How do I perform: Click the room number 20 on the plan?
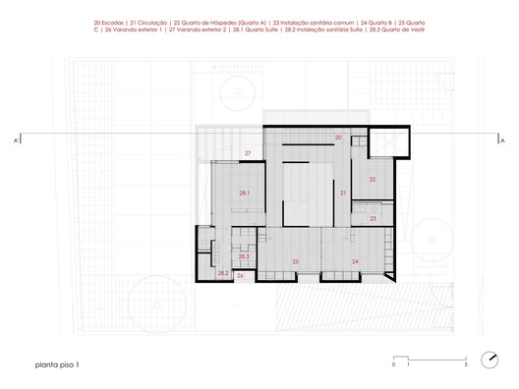(x=338, y=138)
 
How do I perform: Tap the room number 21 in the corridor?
(x=343, y=194)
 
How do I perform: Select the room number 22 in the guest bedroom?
(x=373, y=180)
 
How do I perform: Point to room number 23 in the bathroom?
(x=373, y=218)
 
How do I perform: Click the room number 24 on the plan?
(x=355, y=260)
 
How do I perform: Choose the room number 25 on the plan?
(x=295, y=261)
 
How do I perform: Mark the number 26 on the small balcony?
(x=240, y=276)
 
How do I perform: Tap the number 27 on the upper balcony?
(x=249, y=154)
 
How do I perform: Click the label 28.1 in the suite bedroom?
(x=243, y=194)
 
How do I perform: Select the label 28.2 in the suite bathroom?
(x=222, y=273)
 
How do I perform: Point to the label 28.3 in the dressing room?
(x=243, y=256)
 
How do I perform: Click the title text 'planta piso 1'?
(x=40, y=364)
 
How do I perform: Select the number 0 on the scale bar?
(x=394, y=364)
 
